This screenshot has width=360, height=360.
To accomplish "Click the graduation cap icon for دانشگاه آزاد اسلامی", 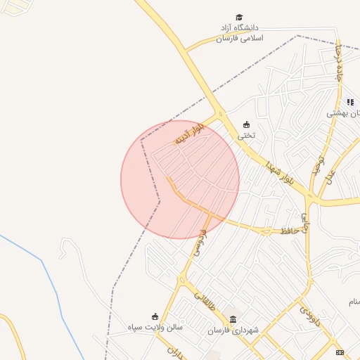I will pos(239,18).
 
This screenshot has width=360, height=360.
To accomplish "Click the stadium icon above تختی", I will pos(245,124).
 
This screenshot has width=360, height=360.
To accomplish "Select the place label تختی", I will pos(245,135).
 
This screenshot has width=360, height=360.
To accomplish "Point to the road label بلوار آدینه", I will pos(190,134).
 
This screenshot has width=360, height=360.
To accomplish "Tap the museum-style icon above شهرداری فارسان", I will pos(233,319).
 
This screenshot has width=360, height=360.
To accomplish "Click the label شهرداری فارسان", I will pos(233,330).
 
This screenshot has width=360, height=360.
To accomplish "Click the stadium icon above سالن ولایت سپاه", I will pos(155,316).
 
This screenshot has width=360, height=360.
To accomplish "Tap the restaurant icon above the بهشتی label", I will pos(350,103).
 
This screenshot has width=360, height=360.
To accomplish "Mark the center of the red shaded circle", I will pos(180,179).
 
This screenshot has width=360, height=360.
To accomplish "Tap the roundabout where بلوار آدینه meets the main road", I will pos(221,115).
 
